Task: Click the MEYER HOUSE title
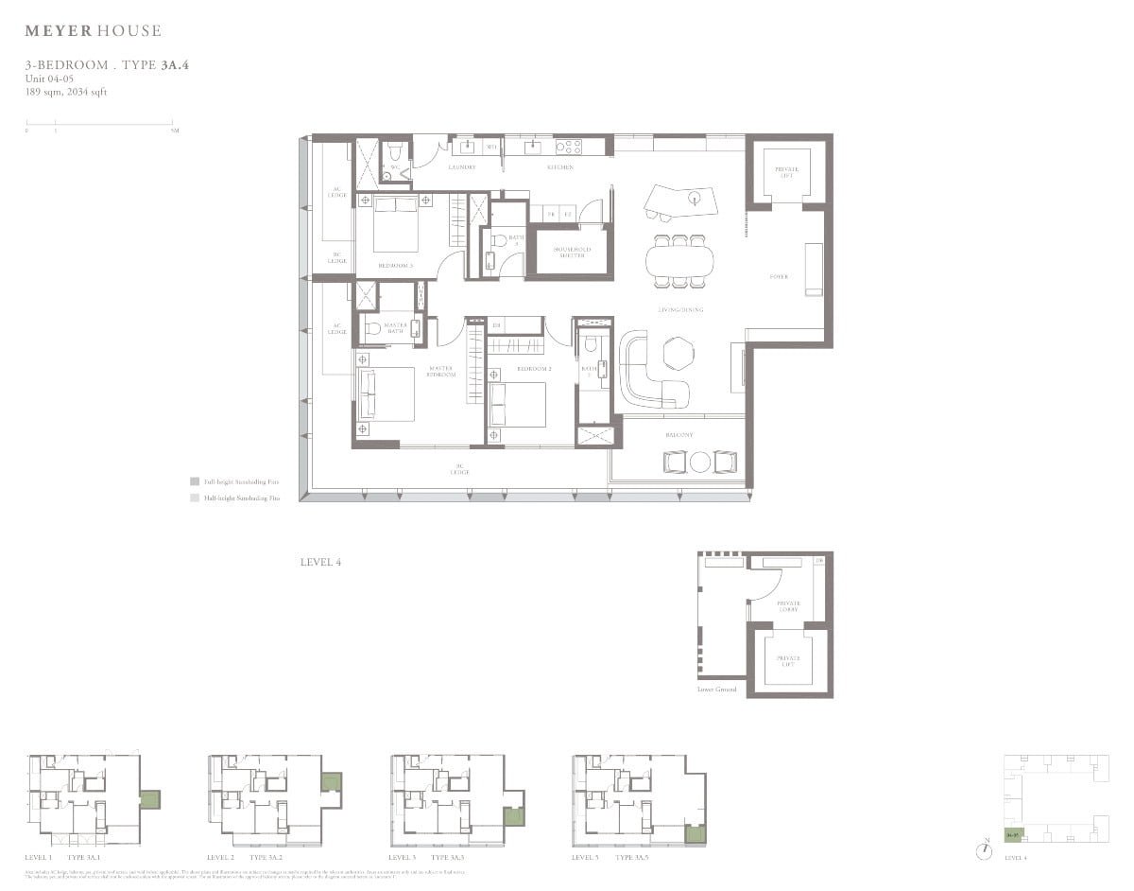pos(93,31)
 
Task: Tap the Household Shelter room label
pos(571,253)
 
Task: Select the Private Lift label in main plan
pos(788,171)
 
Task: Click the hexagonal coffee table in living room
pos(677,353)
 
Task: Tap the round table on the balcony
pos(700,462)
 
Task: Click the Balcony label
pos(679,435)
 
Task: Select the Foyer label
pos(779,277)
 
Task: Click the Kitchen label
pos(560,167)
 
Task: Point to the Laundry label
pos(461,167)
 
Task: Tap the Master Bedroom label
pos(440,371)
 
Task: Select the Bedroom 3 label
pos(395,266)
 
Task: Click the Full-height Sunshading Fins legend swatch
pos(194,480)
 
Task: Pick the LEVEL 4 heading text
pos(320,562)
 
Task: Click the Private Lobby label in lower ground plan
pos(788,605)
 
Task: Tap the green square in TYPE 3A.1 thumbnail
pos(150,797)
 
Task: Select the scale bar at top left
pos(99,123)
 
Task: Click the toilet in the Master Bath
pos(373,328)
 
